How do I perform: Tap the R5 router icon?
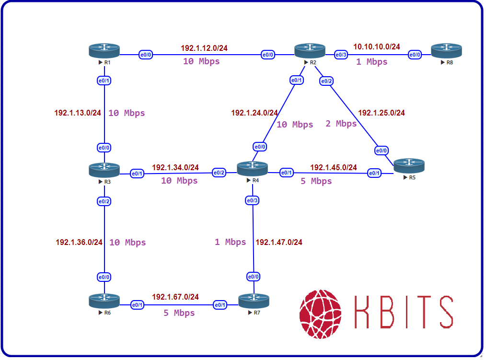[409, 166]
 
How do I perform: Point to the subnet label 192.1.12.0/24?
[204, 48]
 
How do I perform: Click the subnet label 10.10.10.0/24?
[376, 46]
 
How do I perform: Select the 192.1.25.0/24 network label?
[382, 113]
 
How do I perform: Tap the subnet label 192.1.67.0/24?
[175, 297]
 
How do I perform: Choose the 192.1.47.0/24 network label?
[279, 242]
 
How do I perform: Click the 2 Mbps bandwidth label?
[341, 124]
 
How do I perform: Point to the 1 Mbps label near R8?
[371, 62]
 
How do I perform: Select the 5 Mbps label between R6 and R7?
[179, 313]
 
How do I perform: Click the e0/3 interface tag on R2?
[341, 55]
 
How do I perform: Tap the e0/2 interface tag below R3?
[104, 201]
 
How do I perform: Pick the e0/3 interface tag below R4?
[252, 200]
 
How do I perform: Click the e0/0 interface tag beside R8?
[415, 55]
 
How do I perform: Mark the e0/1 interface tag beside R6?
[138, 305]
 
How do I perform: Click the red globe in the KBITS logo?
[321, 314]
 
